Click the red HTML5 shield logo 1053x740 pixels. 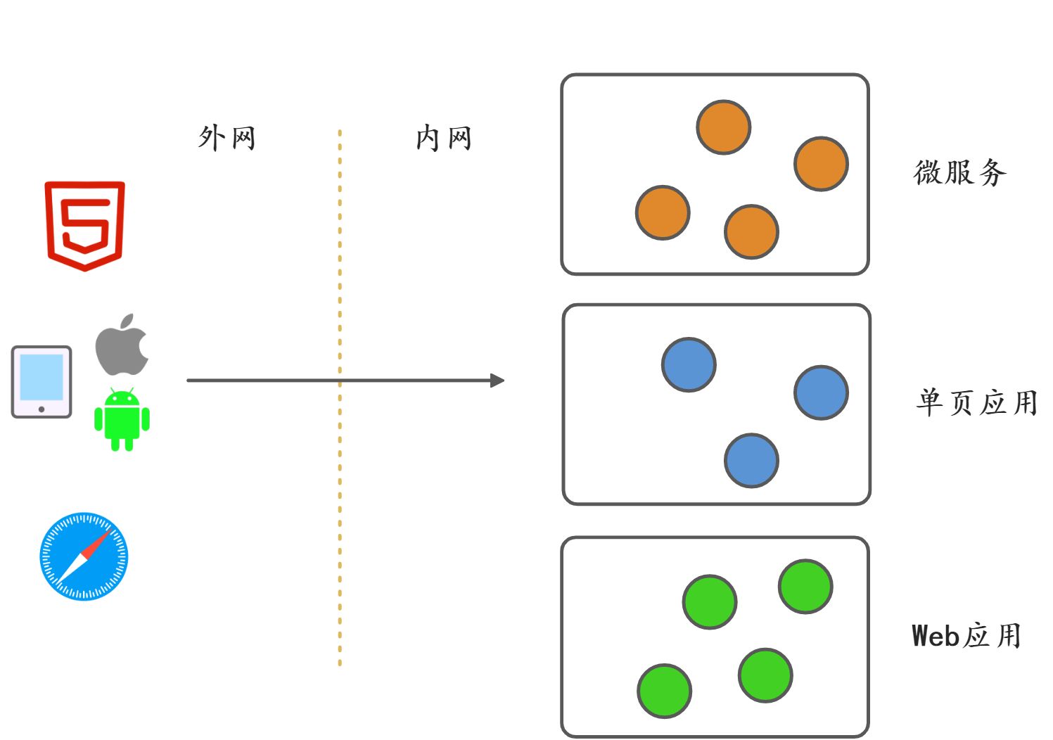(85, 225)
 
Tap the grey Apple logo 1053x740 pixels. (122, 345)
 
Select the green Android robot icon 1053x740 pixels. (122, 420)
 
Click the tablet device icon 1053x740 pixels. (42, 382)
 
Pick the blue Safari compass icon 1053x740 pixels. (84, 556)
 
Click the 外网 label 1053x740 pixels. (226, 138)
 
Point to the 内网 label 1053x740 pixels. (443, 138)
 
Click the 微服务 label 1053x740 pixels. (960, 172)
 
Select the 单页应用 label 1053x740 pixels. (977, 402)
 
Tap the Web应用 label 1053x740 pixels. (966, 635)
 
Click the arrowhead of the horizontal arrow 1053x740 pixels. (497, 381)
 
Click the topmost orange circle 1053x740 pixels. (723, 127)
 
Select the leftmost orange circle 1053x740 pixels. (663, 212)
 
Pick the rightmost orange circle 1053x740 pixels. (821, 164)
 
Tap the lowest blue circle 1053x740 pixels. (751, 461)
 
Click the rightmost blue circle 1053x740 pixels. (821, 393)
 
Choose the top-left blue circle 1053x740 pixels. (689, 364)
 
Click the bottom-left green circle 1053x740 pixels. (664, 691)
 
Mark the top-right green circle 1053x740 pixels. (805, 587)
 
